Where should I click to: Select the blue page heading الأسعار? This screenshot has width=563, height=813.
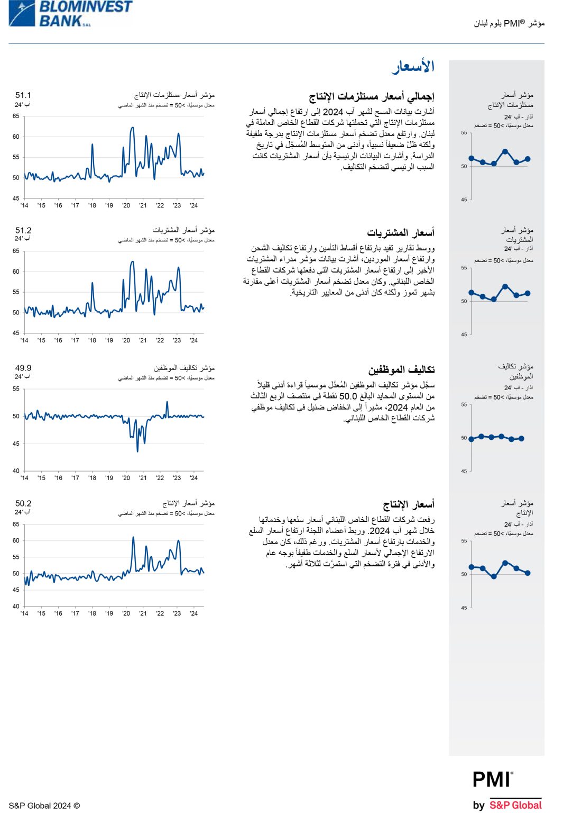(413, 67)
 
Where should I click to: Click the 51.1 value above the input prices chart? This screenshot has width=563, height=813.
(23, 95)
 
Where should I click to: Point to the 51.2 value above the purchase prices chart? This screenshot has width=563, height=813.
(23, 230)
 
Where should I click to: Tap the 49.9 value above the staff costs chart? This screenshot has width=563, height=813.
(23, 368)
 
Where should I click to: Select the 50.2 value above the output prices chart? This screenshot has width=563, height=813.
(23, 503)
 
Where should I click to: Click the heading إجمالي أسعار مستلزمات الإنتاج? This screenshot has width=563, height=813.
(372, 96)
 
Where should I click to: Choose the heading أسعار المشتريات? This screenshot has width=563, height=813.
(401, 233)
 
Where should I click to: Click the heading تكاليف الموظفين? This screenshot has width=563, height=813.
(401, 369)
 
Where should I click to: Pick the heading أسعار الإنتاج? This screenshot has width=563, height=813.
(409, 504)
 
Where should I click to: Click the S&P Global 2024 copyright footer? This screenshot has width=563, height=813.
(44, 806)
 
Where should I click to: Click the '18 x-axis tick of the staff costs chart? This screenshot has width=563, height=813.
(92, 478)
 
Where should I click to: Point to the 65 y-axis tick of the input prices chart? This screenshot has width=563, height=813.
(16, 116)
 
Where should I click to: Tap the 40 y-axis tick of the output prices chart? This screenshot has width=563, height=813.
(16, 606)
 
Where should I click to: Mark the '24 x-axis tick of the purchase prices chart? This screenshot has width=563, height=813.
(194, 340)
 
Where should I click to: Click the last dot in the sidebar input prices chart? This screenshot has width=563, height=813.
(528, 159)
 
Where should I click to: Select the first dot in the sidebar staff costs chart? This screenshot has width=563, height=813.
(472, 439)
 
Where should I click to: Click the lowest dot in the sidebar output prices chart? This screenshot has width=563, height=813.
(494, 576)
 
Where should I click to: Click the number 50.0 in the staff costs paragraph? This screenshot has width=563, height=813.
(348, 396)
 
